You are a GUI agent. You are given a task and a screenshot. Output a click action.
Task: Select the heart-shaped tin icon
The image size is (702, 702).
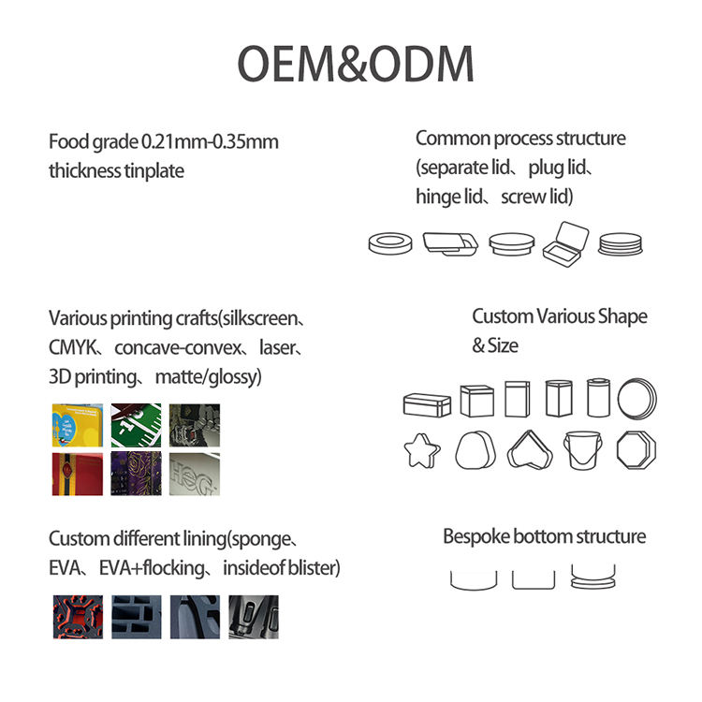(x=530, y=451)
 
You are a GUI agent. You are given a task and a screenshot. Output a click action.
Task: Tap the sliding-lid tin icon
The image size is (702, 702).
(x=450, y=244)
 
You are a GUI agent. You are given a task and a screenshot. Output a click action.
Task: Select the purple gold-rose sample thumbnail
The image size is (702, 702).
(x=136, y=473)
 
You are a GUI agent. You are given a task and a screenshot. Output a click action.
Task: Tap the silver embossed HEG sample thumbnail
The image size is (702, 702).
(x=195, y=473)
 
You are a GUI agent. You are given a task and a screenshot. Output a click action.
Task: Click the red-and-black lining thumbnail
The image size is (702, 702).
(x=77, y=617)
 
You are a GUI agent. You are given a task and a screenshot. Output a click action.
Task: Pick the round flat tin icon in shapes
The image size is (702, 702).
(x=637, y=398)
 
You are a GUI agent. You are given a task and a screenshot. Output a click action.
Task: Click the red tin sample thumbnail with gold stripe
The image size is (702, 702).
(x=77, y=473)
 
